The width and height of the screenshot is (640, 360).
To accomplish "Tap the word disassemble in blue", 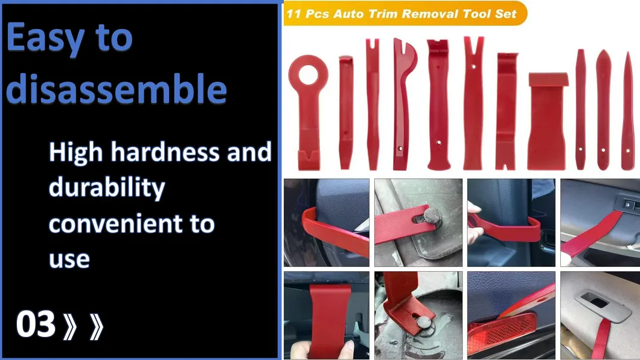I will click(117, 89).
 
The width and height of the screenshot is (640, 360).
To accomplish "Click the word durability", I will click(106, 188).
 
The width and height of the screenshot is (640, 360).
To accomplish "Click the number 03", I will click(36, 325).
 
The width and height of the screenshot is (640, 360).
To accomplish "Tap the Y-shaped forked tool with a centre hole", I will click(473, 103).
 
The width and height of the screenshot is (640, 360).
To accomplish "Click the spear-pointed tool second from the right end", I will click(603, 109).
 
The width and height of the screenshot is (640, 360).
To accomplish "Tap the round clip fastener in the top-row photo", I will click(431, 215).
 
